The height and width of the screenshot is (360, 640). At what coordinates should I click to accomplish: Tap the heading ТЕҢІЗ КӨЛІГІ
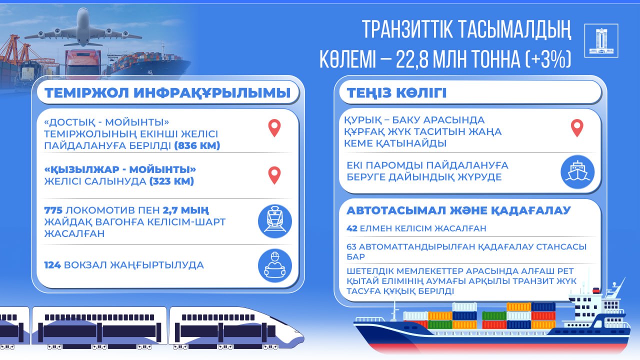tap(393, 93)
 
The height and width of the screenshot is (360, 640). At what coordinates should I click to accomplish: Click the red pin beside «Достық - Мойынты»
tap(274, 128)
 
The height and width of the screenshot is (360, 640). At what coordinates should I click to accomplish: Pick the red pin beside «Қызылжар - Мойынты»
tap(274, 175)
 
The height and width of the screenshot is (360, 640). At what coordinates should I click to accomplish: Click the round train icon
tap(274, 221)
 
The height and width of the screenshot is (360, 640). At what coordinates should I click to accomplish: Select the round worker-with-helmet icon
tap(274, 265)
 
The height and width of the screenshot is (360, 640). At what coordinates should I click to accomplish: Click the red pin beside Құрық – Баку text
tap(577, 128)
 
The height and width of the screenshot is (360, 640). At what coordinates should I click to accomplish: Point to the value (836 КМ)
tap(197, 146)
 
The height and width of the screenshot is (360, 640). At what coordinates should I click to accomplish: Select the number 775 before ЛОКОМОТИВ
tap(53, 209)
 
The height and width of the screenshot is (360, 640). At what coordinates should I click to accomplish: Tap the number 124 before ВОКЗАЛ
tap(52, 265)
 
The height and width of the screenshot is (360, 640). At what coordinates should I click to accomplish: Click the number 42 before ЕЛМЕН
tap(352, 228)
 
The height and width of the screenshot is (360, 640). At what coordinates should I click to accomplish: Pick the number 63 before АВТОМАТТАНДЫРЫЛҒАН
tap(352, 246)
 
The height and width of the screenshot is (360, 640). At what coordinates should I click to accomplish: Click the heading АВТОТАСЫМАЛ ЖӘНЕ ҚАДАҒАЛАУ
tap(458, 210)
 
